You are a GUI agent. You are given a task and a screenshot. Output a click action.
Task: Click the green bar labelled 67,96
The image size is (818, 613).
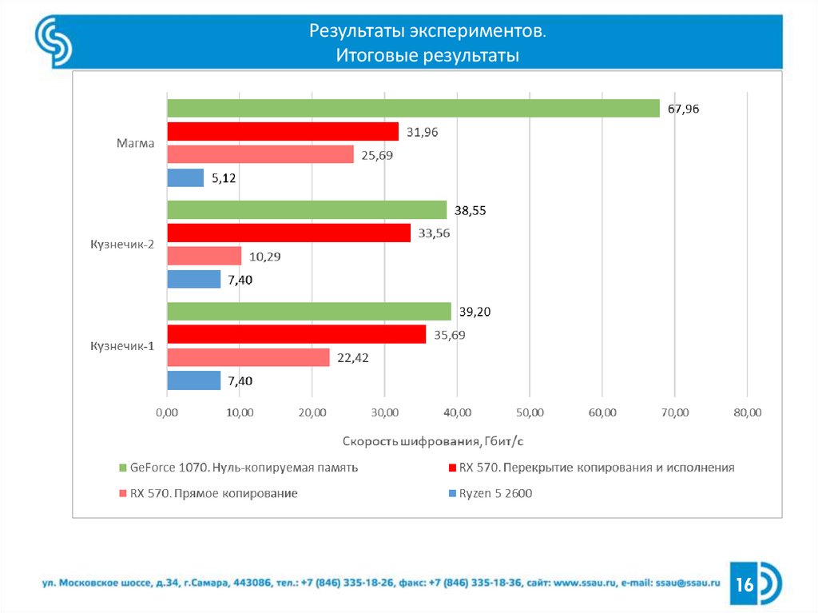[413, 109]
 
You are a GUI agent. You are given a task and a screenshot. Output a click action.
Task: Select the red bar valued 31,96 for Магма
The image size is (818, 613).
[282, 132]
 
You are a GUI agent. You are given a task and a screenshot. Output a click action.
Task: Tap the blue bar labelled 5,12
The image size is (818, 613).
[185, 177]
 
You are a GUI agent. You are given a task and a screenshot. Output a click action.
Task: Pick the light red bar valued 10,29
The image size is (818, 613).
[204, 256]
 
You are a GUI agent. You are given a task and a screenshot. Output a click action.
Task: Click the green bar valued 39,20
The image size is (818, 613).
[308, 311]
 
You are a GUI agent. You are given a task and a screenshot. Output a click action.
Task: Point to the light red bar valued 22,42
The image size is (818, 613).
[248, 357]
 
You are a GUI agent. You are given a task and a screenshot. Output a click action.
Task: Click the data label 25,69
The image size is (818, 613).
[377, 155]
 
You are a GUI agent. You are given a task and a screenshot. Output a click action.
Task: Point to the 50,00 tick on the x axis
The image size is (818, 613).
[530, 412]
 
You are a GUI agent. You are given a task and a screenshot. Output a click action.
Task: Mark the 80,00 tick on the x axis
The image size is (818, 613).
[747, 412]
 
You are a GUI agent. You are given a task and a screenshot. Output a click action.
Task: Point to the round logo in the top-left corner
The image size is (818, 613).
[54, 42]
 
